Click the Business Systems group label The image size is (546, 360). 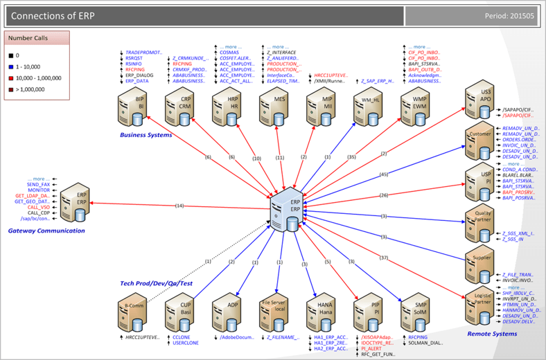[x=146, y=135]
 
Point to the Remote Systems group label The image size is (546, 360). [x=492, y=334]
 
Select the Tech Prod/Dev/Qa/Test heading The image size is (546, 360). [x=155, y=284]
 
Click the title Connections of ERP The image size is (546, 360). [x=53, y=15]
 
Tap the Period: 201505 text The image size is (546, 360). [x=509, y=16]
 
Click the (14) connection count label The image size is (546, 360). [x=179, y=206]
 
